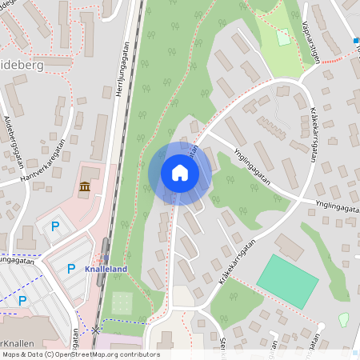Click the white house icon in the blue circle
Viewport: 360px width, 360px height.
coord(180,173)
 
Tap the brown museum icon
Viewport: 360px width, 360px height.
coord(85,188)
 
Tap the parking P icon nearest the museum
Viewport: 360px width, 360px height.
coord(55,226)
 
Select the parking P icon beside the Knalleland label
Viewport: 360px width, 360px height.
coord(71,269)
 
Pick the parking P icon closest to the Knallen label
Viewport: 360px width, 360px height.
coord(22,300)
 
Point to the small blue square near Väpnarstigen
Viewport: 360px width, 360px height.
coord(355,40)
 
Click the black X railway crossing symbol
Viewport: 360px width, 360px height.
coord(96,330)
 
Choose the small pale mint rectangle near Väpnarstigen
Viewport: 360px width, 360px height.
coord(283,36)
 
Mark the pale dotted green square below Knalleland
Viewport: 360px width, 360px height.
coord(122,302)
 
